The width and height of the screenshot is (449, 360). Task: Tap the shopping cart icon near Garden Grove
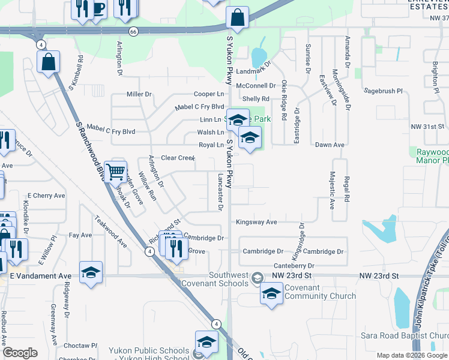[115, 172]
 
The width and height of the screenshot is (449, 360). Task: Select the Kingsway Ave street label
[256, 222]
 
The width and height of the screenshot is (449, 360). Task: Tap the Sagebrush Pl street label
[383, 91]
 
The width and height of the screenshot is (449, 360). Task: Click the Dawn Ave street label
[330, 145]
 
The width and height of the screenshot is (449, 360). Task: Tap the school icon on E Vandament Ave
[91, 272]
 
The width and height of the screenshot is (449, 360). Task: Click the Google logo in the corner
[20, 353]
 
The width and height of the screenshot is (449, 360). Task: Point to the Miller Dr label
[139, 94]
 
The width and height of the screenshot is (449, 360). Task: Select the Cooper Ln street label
[208, 94]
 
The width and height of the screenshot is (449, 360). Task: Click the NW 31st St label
[427, 127]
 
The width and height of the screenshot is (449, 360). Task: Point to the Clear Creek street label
[178, 158]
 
